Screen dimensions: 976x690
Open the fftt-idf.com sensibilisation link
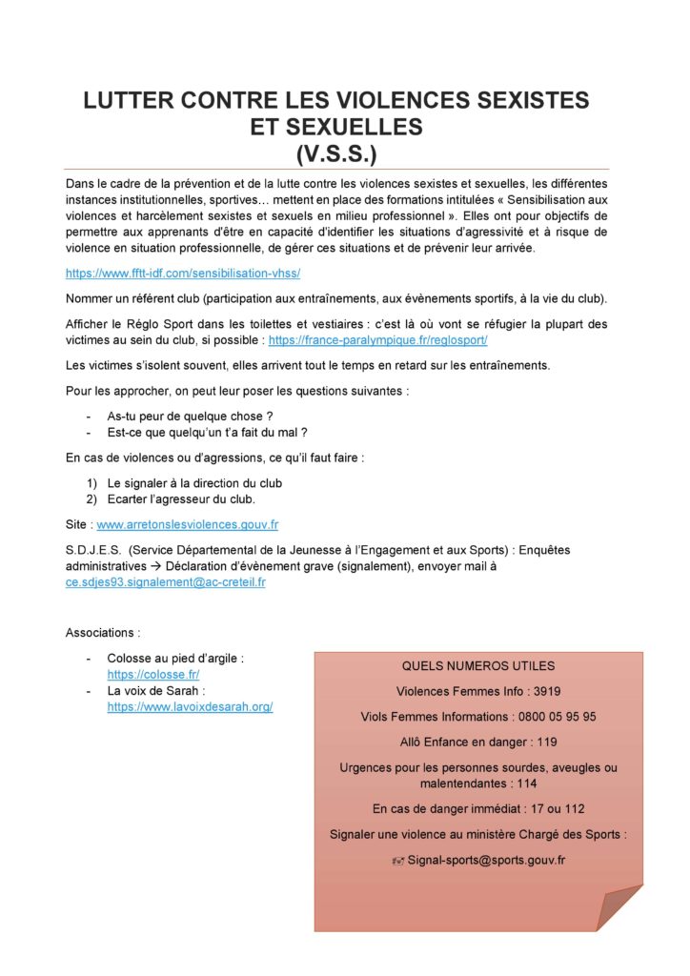[x=183, y=274]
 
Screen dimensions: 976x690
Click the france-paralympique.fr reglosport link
[x=377, y=340]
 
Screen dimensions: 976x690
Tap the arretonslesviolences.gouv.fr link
[x=188, y=524]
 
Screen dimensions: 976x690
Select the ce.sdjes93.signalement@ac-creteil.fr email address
[x=165, y=581]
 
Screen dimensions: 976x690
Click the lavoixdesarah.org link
[x=190, y=707]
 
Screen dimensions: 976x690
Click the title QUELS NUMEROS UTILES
[x=478, y=666]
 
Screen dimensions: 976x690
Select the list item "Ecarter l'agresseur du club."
[x=181, y=499]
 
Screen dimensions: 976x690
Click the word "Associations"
[x=100, y=633]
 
